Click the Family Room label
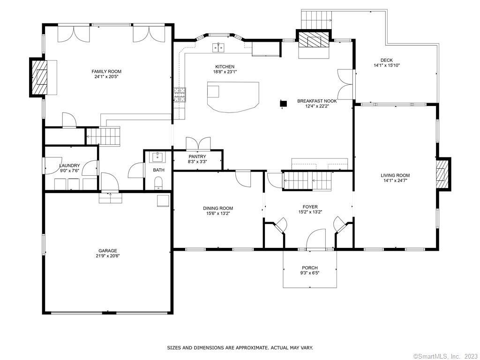tap(106, 71)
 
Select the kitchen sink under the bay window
tap(218, 48)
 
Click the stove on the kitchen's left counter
tap(180, 95)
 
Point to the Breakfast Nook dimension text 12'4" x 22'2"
tap(317, 106)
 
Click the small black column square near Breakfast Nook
tap(284, 104)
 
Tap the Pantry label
tap(197, 157)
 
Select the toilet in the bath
tap(158, 183)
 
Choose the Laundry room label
tap(69, 165)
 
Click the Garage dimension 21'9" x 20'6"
tap(107, 255)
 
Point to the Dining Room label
tap(218, 208)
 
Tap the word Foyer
tap(310, 207)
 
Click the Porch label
tap(310, 268)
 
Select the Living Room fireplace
tap(443, 174)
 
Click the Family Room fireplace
tap(38, 77)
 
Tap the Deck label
tap(387, 60)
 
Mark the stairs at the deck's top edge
tap(316, 19)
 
